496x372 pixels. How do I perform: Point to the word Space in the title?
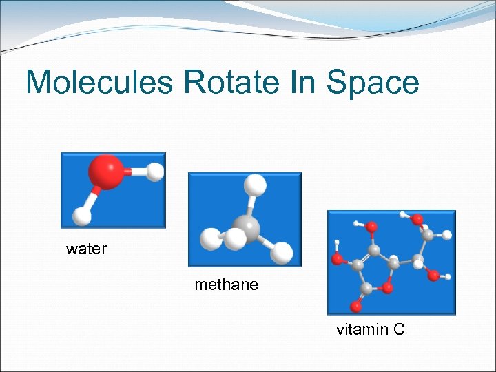pyautogui.click(x=373, y=83)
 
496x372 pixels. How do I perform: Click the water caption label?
pyautogui.click(x=86, y=249)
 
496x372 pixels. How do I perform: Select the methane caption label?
pyautogui.click(x=226, y=284)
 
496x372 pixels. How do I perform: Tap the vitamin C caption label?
pyautogui.click(x=370, y=329)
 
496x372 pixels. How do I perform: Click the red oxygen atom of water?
pyautogui.click(x=106, y=172)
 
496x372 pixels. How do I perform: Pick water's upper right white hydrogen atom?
pyautogui.click(x=155, y=172)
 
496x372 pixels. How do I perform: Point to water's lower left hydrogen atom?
pyautogui.click(x=81, y=216)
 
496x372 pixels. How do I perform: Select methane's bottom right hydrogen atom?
pyautogui.click(x=281, y=254)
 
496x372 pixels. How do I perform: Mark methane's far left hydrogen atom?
pyautogui.click(x=209, y=239)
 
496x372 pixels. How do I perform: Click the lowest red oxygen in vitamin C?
pyautogui.click(x=356, y=303)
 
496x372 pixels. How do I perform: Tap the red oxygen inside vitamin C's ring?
pyautogui.click(x=388, y=286)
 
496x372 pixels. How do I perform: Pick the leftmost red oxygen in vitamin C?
pyautogui.click(x=338, y=259)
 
